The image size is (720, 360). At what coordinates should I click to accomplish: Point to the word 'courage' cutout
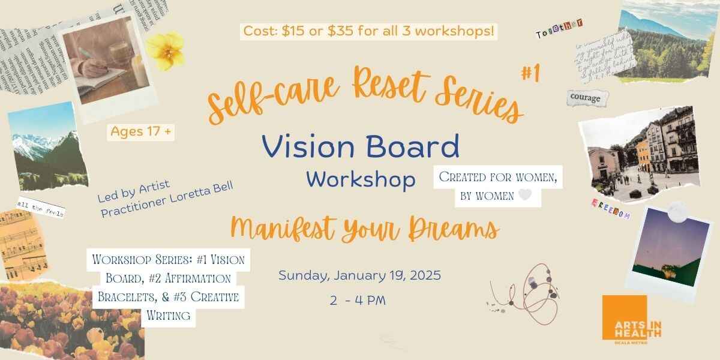pos(585,98)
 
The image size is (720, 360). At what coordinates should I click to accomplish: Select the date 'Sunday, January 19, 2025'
pos(359,276)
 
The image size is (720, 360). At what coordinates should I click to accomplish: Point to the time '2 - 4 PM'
pos(358,300)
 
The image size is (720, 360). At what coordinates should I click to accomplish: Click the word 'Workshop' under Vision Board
pos(361,179)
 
